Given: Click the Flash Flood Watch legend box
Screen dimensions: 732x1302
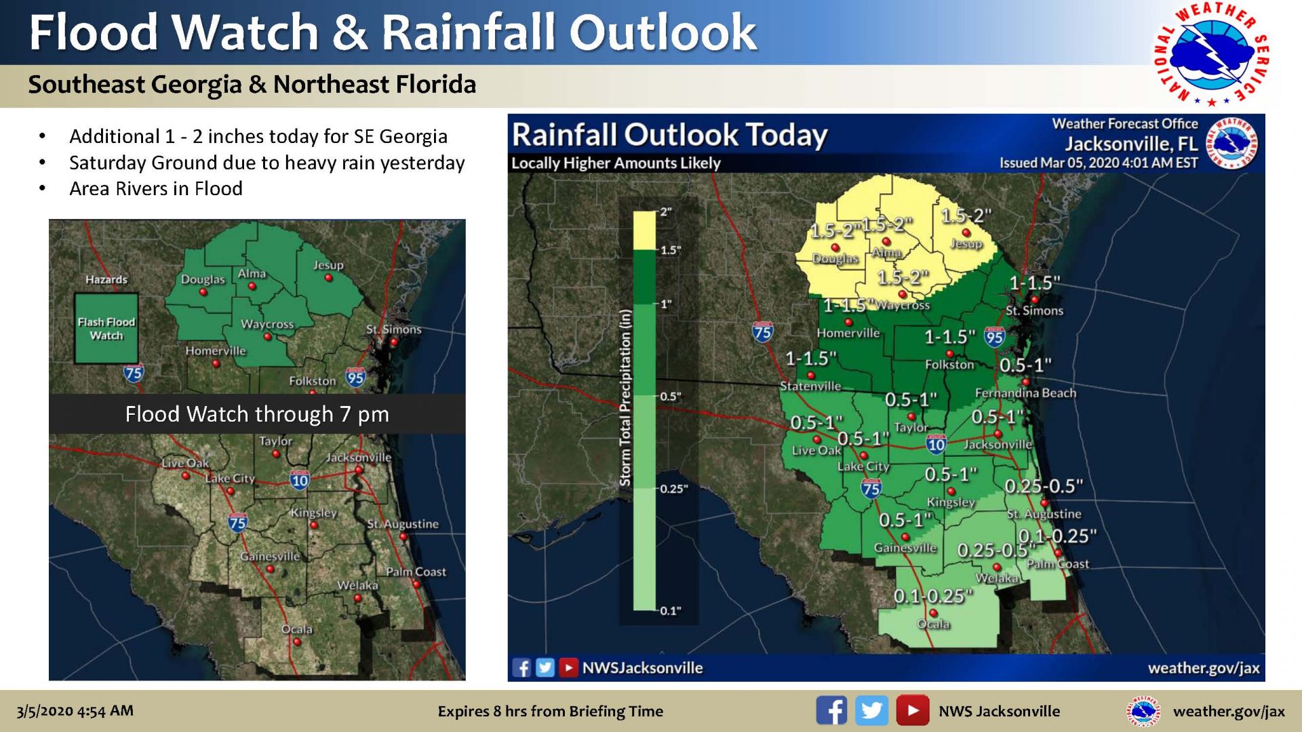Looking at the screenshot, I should [106, 329].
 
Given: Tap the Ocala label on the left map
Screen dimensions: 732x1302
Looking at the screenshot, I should [296, 629].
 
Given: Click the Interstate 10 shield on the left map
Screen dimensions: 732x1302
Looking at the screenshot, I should [300, 480].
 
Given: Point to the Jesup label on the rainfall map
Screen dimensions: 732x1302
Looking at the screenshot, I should [966, 244].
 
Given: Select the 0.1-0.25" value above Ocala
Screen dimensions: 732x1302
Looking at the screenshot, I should [933, 596].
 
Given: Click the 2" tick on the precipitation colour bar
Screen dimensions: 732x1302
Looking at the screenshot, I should [666, 212].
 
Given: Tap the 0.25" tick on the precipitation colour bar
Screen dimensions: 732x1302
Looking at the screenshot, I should [673, 489].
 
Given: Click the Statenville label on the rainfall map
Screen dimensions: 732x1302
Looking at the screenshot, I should [810, 386].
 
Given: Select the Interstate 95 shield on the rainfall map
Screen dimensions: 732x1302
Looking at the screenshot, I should [994, 337].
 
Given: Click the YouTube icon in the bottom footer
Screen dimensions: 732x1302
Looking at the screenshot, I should [912, 710].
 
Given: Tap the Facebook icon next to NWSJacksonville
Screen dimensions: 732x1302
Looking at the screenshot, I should [521, 668].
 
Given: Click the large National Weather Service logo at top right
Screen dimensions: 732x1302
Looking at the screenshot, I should [1212, 54].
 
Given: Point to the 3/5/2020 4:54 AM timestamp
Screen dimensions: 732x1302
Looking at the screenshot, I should [75, 711].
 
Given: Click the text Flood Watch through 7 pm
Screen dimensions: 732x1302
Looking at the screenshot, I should [257, 414].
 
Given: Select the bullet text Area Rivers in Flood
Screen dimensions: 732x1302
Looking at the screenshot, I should [155, 188].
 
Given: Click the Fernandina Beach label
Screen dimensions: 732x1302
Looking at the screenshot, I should [1025, 393].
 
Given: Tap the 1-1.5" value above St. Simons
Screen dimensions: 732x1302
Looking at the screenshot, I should [1034, 283].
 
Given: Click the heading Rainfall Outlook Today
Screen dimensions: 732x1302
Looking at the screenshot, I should [669, 135].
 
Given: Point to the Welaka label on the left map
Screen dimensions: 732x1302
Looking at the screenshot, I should [357, 585].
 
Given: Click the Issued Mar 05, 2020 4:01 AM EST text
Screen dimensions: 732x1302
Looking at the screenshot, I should [1098, 163].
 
